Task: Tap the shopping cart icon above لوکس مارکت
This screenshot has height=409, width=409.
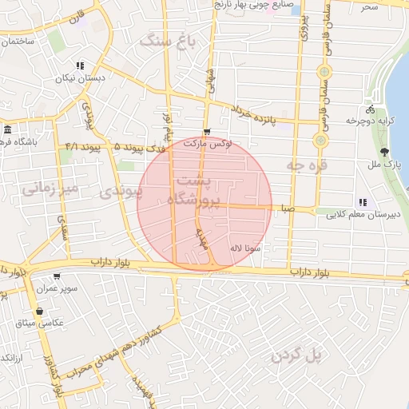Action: coord(208,132)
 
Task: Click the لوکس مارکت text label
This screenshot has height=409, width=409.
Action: coord(204,144)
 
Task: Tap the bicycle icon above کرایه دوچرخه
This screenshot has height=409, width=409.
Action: coord(369,109)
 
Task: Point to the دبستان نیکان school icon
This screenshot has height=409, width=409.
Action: coord(79,66)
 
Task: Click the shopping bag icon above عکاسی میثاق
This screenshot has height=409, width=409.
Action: coord(39,311)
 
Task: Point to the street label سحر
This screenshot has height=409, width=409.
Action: coord(368,6)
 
